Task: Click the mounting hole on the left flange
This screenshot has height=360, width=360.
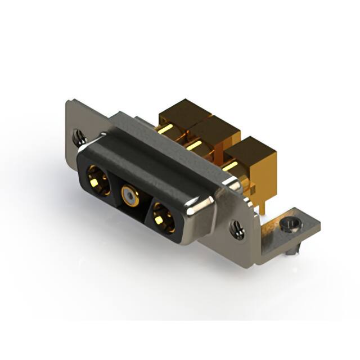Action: [79, 135]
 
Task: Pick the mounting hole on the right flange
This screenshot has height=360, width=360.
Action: [237, 228]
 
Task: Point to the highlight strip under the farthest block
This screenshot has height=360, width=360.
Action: [165, 129]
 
